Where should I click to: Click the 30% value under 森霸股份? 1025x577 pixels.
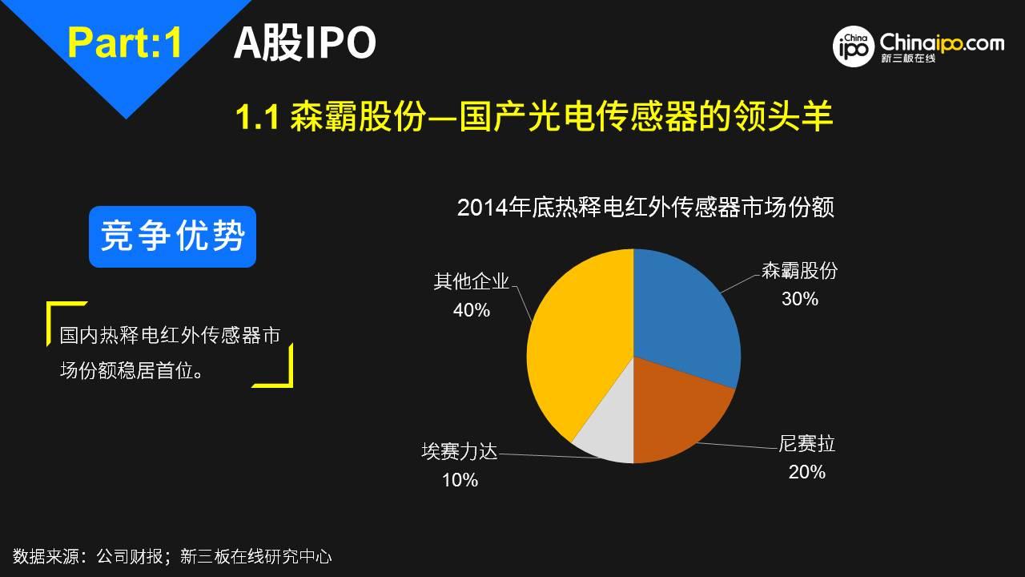click(800, 299)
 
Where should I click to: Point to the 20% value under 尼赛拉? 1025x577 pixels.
click(806, 472)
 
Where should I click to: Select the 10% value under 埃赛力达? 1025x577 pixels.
click(460, 480)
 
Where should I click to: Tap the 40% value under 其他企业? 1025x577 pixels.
click(472, 310)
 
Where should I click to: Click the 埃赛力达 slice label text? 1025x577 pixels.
click(460, 451)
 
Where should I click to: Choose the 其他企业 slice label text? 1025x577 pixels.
click(472, 281)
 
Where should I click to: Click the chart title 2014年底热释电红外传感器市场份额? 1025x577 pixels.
click(645, 208)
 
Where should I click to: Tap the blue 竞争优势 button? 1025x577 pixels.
click(172, 236)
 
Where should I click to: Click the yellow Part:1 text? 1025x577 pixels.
click(125, 42)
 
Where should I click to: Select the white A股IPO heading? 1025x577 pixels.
click(305, 43)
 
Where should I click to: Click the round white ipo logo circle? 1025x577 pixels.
click(854, 46)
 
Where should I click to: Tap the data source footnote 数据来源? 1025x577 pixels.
click(172, 556)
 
